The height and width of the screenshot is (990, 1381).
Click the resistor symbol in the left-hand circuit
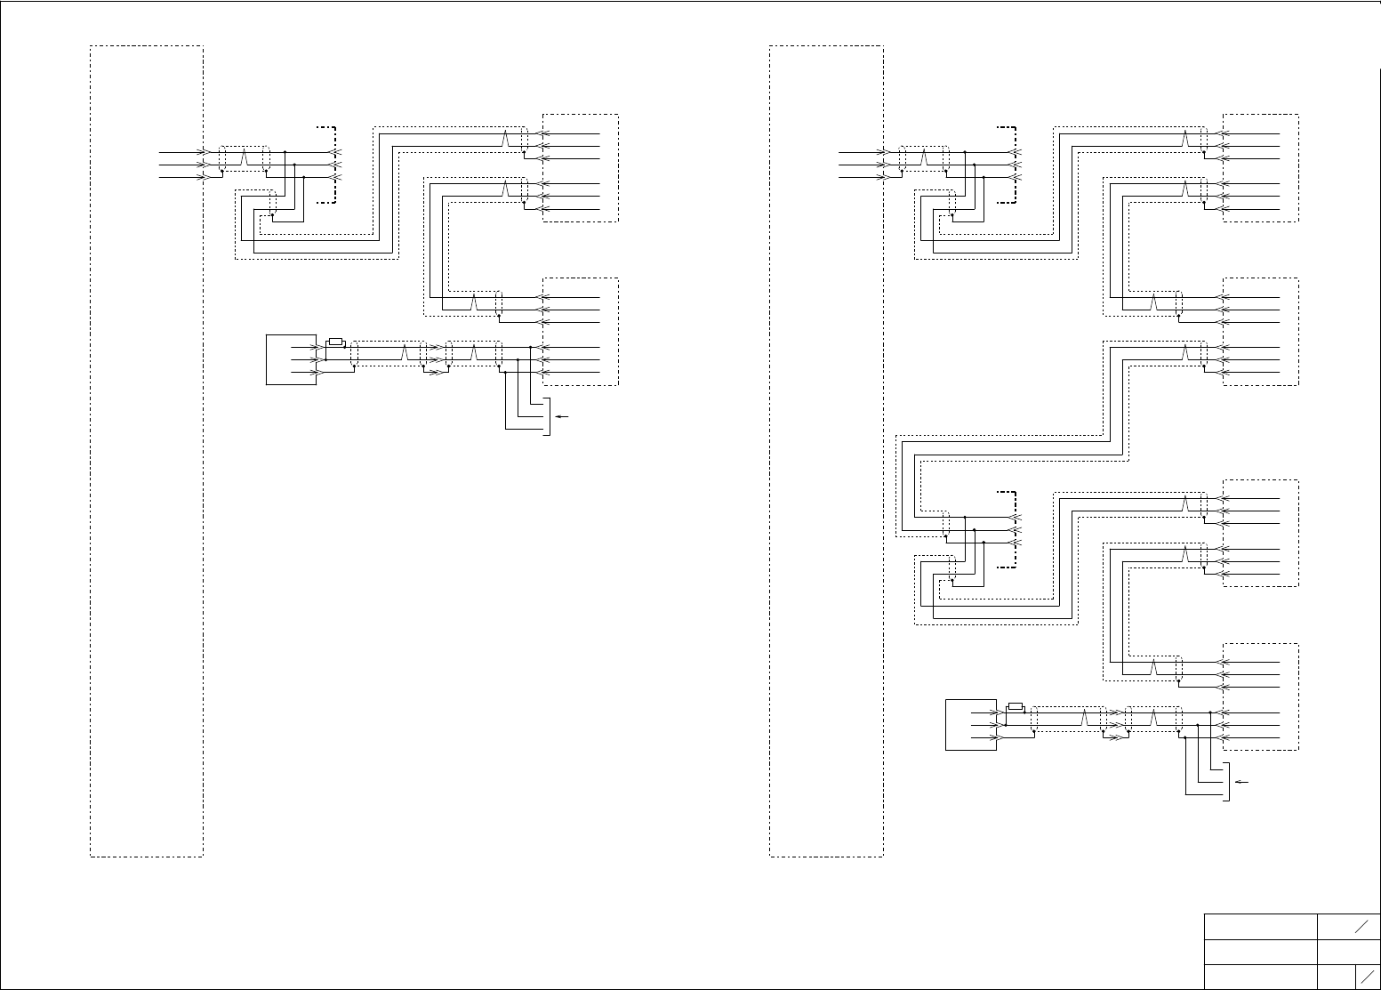tap(335, 342)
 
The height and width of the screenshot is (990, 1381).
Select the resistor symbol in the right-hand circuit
tap(1015, 708)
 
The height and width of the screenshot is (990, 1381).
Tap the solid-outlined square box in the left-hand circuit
tap(291, 359)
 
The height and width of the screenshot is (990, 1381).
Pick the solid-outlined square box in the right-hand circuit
tap(970, 725)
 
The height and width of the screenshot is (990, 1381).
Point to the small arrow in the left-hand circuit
tap(560, 416)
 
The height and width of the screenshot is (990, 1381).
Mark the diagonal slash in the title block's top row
tap(1361, 927)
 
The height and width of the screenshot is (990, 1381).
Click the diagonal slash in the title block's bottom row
tap(1367, 977)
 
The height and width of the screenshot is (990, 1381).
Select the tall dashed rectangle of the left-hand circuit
tap(147, 451)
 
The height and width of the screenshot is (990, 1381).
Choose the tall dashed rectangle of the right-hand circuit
tap(826, 451)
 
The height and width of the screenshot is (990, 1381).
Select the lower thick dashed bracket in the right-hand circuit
tap(1012, 529)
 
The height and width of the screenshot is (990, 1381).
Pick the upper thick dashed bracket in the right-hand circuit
tap(1012, 165)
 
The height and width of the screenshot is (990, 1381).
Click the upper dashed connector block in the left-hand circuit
tap(581, 167)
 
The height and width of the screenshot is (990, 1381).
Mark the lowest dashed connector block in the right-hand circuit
tap(1261, 696)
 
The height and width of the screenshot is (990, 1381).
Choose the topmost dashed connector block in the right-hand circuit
tap(1261, 167)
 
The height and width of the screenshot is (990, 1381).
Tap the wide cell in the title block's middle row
tap(1260, 952)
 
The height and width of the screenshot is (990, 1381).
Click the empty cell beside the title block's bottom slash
tap(1337, 977)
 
